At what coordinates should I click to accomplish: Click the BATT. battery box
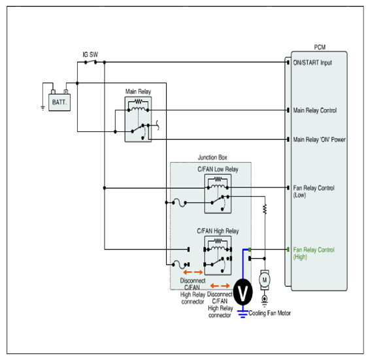tap(59, 103)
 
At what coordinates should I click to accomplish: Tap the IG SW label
tap(90, 54)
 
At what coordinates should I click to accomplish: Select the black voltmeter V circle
tap(243, 292)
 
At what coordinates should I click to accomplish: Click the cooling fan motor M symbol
tap(265, 280)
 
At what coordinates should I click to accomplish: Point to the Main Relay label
tap(138, 91)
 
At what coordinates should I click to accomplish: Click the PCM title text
tap(320, 48)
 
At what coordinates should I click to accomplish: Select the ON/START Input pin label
tap(312, 63)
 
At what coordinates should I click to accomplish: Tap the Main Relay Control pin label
tap(315, 110)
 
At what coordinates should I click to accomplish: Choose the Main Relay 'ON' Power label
tap(319, 140)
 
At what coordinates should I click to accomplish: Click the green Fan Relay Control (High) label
tap(314, 254)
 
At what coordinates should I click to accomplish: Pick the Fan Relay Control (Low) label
tap(314, 191)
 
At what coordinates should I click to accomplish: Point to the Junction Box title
tap(212, 157)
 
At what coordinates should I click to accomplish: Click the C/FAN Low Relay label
tap(218, 169)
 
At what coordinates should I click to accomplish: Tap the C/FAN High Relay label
tap(218, 231)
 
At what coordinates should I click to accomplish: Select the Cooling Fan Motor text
tap(269, 313)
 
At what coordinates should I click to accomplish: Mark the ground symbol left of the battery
tap(42, 108)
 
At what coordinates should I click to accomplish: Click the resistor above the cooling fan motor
tap(265, 209)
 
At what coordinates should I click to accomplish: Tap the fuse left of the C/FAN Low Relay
tap(179, 203)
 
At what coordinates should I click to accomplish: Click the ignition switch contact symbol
tap(91, 62)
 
